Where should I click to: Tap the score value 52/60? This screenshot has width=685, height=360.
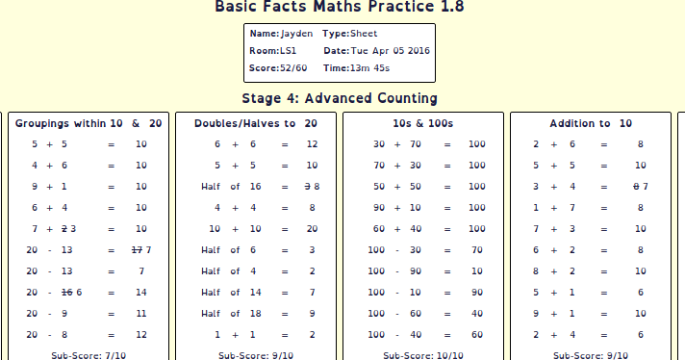tap(293, 68)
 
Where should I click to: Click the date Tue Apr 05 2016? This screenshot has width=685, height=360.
tap(390, 51)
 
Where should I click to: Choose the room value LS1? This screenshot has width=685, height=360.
tap(288, 51)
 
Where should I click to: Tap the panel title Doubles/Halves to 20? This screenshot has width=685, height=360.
tap(256, 123)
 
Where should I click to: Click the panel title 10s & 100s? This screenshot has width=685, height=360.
tap(423, 123)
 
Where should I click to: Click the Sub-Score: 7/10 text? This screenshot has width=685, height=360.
tap(89, 355)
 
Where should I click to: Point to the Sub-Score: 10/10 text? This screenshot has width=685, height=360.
tap(423, 355)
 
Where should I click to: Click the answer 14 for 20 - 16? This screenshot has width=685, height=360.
tap(140, 292)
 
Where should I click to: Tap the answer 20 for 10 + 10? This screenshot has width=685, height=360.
tap(312, 228)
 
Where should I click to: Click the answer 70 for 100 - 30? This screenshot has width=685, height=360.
tap(476, 249)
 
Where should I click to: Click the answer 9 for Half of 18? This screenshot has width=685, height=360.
tap(312, 313)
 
